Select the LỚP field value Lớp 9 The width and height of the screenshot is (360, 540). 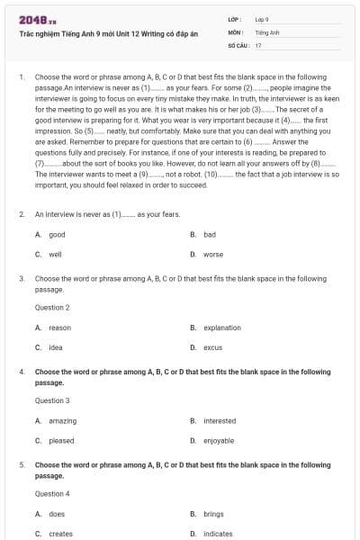[x=262, y=19]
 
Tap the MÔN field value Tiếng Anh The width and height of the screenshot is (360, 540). [x=267, y=31]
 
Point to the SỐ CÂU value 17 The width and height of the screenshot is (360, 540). [x=258, y=44]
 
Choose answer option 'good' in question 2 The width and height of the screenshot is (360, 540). [x=57, y=234]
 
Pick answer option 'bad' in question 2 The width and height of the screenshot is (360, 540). [x=210, y=234]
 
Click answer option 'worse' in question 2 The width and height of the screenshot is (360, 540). [x=213, y=254]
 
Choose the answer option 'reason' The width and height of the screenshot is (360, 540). [x=59, y=328]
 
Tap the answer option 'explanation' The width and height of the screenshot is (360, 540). [x=222, y=328]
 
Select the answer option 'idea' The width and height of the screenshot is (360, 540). [x=56, y=347]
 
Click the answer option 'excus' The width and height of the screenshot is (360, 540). [x=213, y=347]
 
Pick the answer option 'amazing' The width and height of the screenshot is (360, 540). [x=62, y=420]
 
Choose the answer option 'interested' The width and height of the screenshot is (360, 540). [x=220, y=420]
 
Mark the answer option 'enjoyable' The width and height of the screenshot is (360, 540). [x=220, y=440]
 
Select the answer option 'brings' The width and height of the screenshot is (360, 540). [x=213, y=514]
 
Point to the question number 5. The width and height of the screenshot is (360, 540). [x=22, y=465]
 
